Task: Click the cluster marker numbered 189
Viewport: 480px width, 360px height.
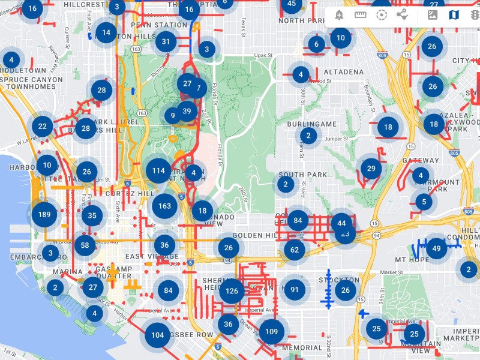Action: click(x=44, y=214)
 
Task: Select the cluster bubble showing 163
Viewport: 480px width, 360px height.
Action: click(x=164, y=206)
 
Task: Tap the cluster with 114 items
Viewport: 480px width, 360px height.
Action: click(x=158, y=170)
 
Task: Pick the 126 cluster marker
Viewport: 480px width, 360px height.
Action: click(x=232, y=291)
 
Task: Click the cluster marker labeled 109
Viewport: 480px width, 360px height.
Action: click(x=271, y=331)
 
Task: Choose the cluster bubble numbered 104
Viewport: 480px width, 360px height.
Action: click(x=157, y=335)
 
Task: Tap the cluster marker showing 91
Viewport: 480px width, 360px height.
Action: click(x=295, y=290)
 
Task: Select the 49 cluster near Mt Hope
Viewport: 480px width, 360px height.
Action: click(x=436, y=248)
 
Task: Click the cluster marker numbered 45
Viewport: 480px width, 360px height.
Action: click(x=292, y=4)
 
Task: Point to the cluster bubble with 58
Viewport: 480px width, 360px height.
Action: click(x=85, y=245)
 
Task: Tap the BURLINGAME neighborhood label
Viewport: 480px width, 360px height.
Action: click(x=311, y=124)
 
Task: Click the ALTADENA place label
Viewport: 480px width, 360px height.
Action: click(x=344, y=72)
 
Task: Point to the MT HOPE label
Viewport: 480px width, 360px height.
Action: click(x=412, y=260)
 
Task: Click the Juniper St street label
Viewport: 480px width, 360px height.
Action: click(x=337, y=139)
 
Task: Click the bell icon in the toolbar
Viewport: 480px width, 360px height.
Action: click(x=340, y=14)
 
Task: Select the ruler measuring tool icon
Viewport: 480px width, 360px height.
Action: click(x=361, y=14)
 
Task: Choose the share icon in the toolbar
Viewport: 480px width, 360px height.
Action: click(x=402, y=14)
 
